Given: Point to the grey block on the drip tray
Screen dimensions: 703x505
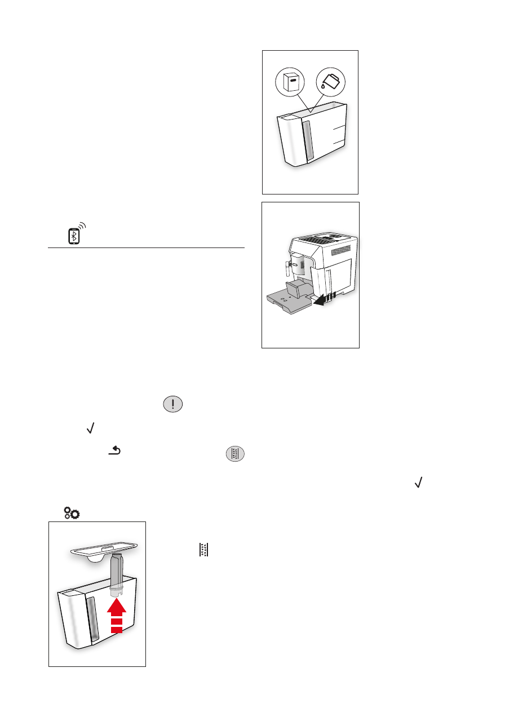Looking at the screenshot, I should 296,290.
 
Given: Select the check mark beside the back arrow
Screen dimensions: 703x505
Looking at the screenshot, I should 89,430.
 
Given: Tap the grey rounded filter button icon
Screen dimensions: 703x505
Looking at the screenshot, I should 236,454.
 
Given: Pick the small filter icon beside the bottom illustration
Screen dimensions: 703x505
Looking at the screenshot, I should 203,550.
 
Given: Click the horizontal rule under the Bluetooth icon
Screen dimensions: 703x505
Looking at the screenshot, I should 147,247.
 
